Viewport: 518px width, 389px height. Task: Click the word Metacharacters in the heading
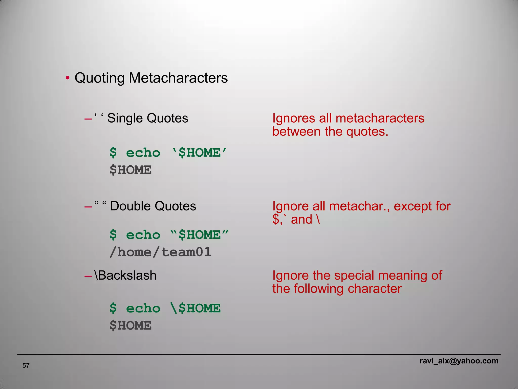178,78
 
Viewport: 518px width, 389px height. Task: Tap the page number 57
26,365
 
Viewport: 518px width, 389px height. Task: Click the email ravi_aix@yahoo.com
459,361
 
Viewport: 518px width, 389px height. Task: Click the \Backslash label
125,275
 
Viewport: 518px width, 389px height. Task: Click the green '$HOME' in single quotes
199,153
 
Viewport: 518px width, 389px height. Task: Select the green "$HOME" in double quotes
199,235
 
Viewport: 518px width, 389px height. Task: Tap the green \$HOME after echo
196,308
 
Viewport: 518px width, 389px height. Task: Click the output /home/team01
160,252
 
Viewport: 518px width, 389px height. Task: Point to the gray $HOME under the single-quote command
131,170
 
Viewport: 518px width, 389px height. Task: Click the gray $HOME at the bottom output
131,326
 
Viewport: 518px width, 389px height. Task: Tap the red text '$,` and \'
296,220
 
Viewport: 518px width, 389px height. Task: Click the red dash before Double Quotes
88,207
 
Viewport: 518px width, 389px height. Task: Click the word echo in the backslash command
143,308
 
